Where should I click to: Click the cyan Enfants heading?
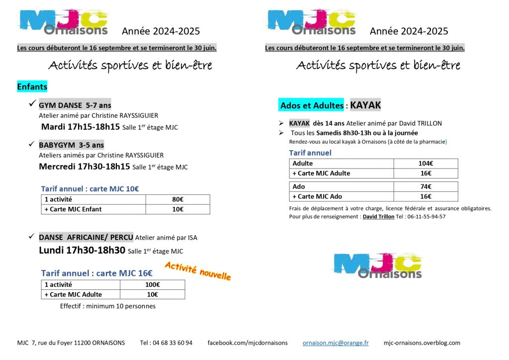point(32,87)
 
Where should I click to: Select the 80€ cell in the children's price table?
point(177,199)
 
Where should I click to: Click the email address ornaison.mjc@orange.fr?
point(336,343)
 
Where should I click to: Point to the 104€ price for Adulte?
point(425,163)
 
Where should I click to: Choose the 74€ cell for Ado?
point(425,186)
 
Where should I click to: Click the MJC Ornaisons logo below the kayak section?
point(377,265)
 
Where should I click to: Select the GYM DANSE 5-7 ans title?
point(75,105)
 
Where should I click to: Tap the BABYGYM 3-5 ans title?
point(72,145)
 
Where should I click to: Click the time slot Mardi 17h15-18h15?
point(81,126)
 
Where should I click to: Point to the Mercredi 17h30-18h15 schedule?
point(85,166)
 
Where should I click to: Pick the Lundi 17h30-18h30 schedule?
point(82,250)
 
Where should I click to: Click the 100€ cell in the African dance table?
point(152,285)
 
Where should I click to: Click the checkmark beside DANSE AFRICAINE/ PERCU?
point(31,237)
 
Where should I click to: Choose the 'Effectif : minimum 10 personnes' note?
point(108,306)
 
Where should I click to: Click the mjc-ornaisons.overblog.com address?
point(422,343)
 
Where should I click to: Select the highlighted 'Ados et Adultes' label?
point(312,105)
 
